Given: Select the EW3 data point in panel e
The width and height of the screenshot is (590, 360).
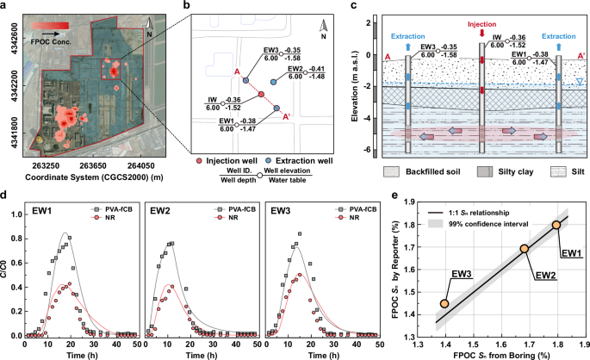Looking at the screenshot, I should point(444,303).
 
